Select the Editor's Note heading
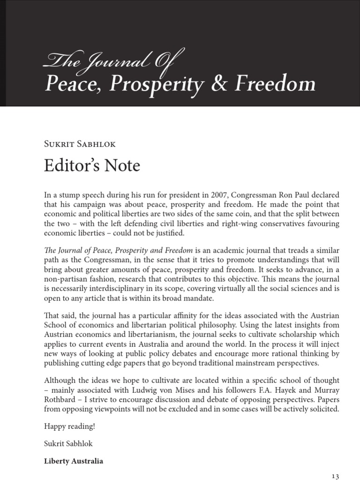point(92,165)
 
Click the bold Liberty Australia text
point(74,461)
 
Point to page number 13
point(335,476)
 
